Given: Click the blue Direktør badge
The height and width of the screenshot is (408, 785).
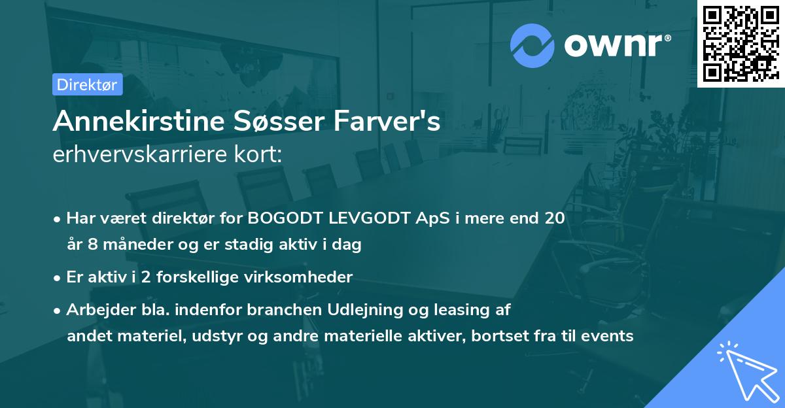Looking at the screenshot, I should (87, 84).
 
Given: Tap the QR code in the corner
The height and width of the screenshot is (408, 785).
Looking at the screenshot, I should (741, 43).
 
